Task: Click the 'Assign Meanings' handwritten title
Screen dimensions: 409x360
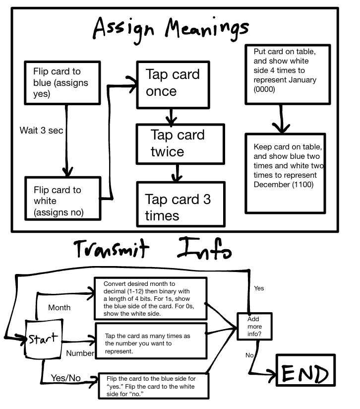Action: pos(171,30)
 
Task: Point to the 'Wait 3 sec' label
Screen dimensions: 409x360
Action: pos(41,131)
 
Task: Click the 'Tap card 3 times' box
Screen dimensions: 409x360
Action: pos(180,207)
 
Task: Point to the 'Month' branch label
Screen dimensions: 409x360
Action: pos(59,308)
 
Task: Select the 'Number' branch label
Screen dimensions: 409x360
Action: pos(80,353)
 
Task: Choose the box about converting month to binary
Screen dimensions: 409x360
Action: pos(150,299)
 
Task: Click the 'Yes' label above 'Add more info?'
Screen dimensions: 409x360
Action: pos(258,288)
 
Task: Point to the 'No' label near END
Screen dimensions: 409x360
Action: pos(250,355)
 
